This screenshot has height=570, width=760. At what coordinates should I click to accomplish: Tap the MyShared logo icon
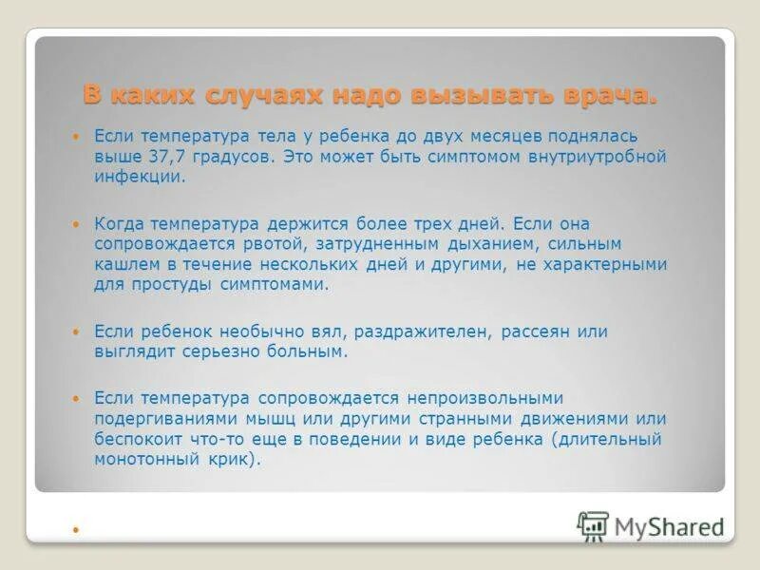pyautogui.click(x=593, y=526)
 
